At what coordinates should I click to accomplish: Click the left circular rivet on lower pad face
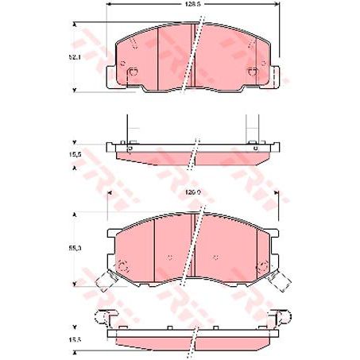pos(122,265)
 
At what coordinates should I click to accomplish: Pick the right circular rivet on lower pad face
pos(261,265)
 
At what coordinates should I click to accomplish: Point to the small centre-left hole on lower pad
pos(172,256)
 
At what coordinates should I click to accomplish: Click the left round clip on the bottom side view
pos(101,318)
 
